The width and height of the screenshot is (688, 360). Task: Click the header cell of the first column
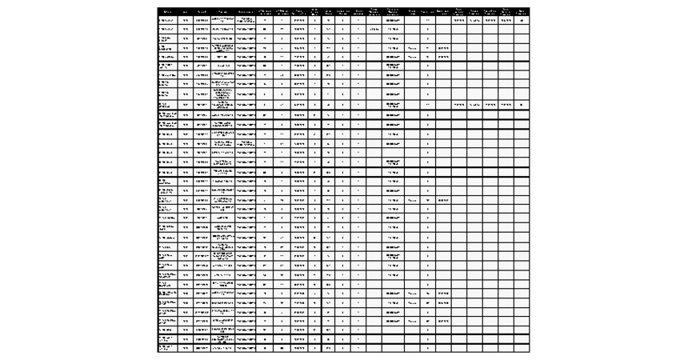167,11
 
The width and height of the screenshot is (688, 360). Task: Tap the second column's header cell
186,11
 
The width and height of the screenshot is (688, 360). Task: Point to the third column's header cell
202,11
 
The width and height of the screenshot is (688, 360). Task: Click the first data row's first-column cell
167,20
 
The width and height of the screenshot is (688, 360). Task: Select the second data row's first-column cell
167,29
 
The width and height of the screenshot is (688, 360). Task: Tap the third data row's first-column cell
167,38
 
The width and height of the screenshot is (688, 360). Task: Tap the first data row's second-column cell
186,20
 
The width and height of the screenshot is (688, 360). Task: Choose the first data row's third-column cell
202,20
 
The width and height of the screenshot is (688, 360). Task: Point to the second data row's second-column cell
186,29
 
